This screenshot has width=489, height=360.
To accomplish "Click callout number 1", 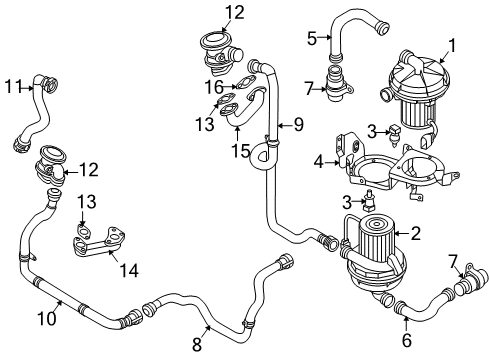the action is point(451,46).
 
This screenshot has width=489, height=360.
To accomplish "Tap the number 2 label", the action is point(416,233).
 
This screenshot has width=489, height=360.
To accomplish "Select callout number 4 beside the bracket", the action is point(319,162).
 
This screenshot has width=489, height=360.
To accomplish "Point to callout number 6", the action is point(407,340).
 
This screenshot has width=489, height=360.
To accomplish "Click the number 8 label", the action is point(197,344).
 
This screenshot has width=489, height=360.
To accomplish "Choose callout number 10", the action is point(47,318).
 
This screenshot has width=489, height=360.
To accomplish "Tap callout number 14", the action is point(129,270).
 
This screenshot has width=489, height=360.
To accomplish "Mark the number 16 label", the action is point(214,88).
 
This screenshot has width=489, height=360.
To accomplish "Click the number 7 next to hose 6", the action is point(453,262).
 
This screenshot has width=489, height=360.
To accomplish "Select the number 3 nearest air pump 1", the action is point(372,131).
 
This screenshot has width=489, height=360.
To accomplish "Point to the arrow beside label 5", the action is point(324,38).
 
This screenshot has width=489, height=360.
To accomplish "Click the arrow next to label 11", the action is point(27,88).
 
